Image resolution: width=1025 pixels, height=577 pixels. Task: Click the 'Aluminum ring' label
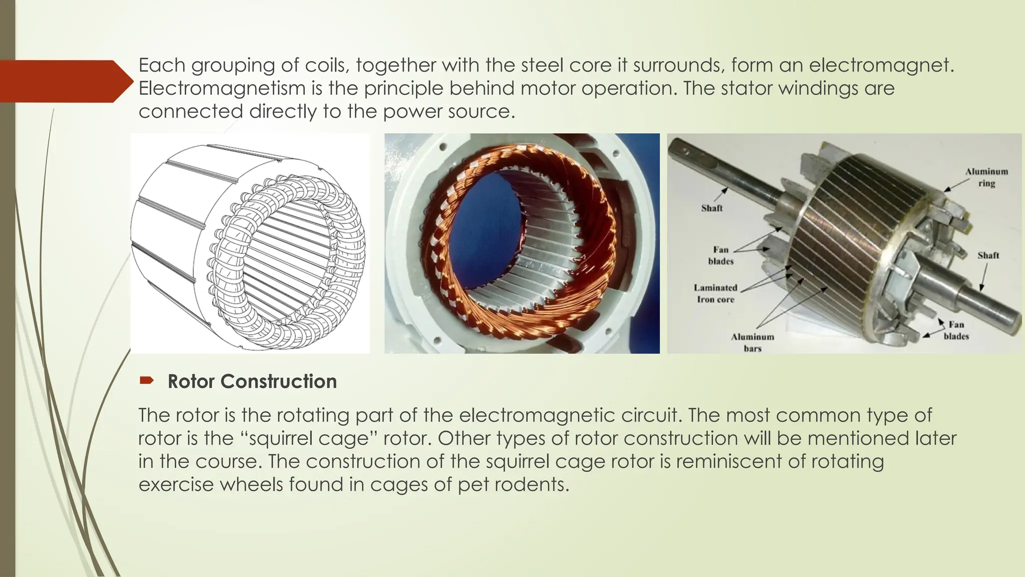tap(986, 177)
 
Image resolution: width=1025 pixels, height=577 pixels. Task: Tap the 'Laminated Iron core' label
tap(715, 294)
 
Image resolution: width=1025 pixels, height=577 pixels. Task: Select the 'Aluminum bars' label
tap(752, 343)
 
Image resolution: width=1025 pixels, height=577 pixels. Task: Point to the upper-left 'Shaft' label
tap(712, 208)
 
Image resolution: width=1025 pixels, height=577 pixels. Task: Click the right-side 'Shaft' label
tap(988, 255)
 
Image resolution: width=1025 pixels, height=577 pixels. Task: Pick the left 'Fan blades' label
tap(721, 255)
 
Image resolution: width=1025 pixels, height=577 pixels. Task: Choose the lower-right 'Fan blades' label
tap(956, 331)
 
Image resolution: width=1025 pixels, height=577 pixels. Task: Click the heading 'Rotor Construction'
tap(252, 382)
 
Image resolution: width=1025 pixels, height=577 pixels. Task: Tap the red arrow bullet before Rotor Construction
tap(146, 381)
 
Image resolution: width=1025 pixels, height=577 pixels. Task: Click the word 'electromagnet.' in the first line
tap(881, 65)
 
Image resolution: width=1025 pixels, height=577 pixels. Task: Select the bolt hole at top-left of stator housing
tap(442, 148)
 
